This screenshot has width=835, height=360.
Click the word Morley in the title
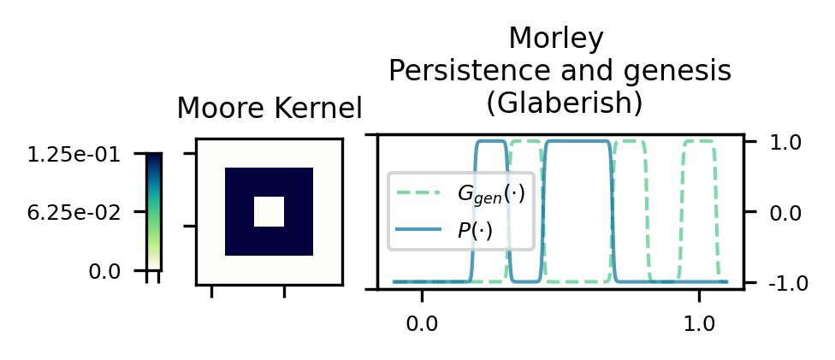(556, 39)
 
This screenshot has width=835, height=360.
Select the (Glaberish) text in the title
(564, 103)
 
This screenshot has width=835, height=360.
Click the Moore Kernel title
(269, 109)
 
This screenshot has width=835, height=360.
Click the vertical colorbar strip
(153, 211)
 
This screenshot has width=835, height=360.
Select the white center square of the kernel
(269, 211)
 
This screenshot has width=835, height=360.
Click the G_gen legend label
(490, 194)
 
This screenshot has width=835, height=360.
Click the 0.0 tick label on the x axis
(422, 325)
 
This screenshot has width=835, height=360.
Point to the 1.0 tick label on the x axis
(699, 325)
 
